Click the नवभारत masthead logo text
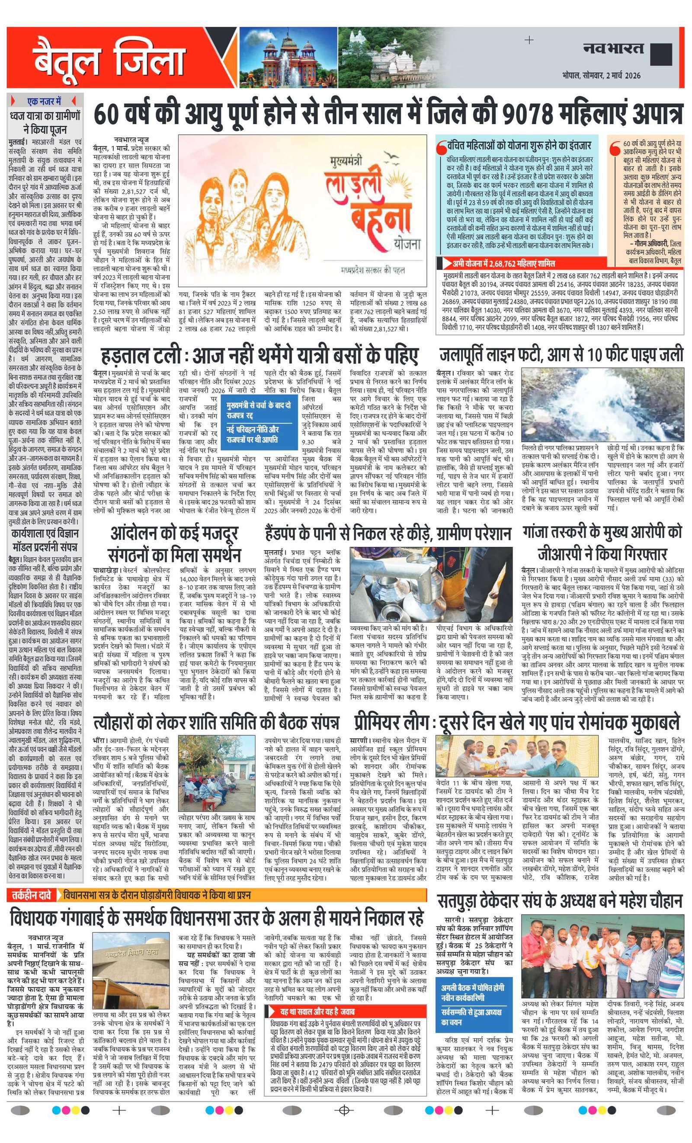[613, 48]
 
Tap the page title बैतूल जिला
[109, 59]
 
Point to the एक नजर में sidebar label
[45, 101]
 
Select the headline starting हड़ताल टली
[260, 356]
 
